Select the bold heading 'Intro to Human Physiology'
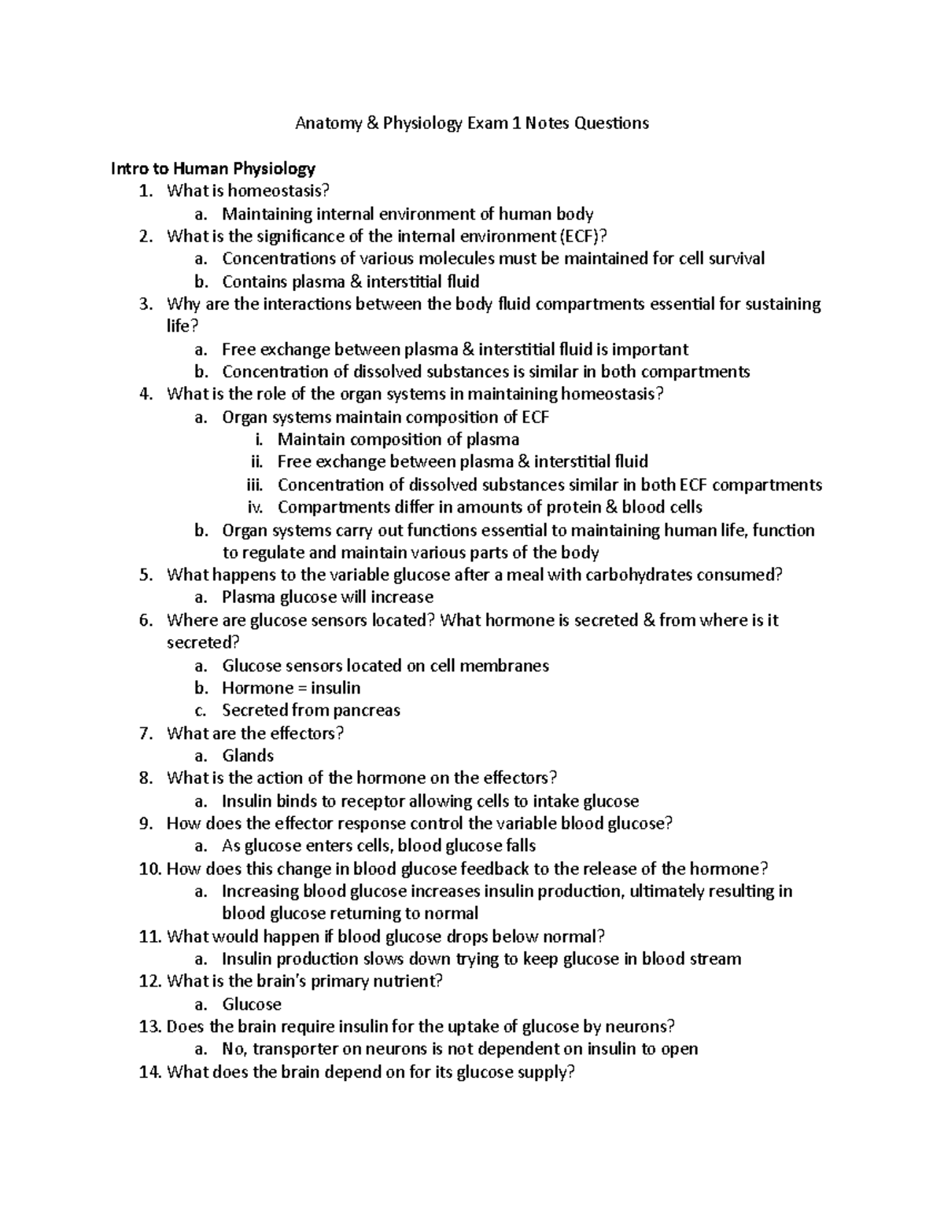(x=213, y=168)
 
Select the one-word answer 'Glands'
(x=248, y=756)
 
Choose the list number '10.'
(x=149, y=869)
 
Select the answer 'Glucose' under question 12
(x=252, y=1004)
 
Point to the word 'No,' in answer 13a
(x=234, y=1049)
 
